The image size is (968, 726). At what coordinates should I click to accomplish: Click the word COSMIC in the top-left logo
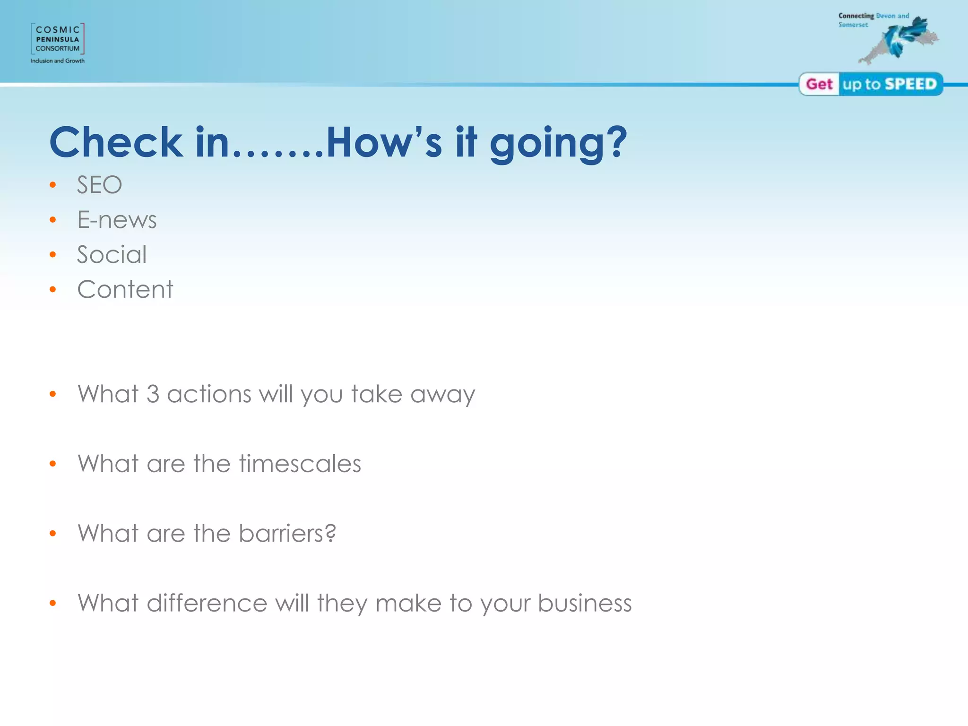pos(58,30)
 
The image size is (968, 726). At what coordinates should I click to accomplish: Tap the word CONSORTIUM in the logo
pos(58,48)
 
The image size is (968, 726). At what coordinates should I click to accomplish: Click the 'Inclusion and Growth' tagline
pos(58,61)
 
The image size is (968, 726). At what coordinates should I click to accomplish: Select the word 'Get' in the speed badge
pos(819,84)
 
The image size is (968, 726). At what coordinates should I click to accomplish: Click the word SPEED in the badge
pos(910,84)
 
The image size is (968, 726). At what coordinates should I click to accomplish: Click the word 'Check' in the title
pos(116,142)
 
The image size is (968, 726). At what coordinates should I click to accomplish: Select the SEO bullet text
pos(99,185)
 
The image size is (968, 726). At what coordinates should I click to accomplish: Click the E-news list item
pos(117,220)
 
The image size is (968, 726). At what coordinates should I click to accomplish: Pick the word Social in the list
pos(112,255)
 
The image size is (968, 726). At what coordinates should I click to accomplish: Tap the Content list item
pos(125,289)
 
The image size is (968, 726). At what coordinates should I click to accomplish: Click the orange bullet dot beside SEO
pos(53,185)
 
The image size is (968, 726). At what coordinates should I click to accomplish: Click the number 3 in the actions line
pos(153,394)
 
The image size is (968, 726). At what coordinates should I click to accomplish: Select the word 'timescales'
pos(300,464)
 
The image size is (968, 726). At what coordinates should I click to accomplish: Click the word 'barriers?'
pos(287,534)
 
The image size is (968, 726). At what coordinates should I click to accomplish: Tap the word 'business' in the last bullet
pos(585,603)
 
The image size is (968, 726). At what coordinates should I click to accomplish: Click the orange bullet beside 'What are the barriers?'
pos(53,534)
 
